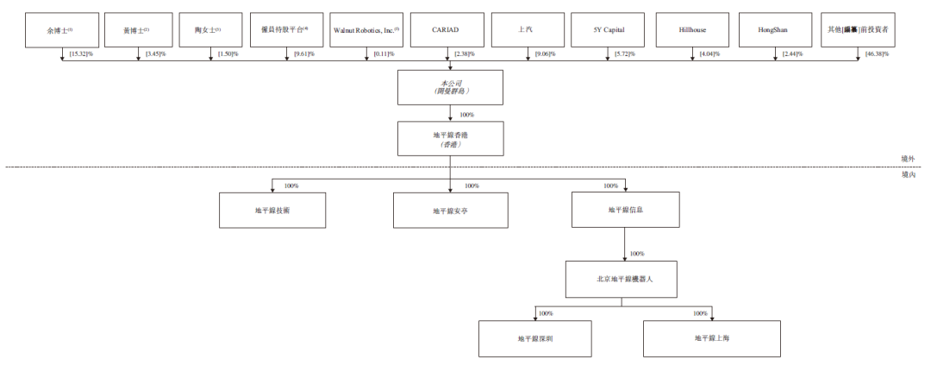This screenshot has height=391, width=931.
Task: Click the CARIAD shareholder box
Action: pyautogui.click(x=451, y=30)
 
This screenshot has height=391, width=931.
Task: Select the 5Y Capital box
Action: pyautogui.click(x=609, y=30)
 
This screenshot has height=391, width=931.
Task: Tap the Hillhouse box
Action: pyautogui.click(x=692, y=30)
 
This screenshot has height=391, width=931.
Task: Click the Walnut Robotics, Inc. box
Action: pyautogui.click(x=366, y=30)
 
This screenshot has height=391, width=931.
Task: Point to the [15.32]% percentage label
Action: pyautogui.click(x=80, y=54)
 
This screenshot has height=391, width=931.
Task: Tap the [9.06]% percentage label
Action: pyautogui.click(x=545, y=54)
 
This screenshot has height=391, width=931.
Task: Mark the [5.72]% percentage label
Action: pyautogui.click(x=625, y=54)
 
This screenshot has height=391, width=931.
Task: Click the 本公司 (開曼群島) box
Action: pyautogui.click(x=451, y=87)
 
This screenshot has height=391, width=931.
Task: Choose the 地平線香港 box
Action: pyautogui.click(x=451, y=138)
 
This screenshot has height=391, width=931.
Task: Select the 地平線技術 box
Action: pyautogui.click(x=272, y=210)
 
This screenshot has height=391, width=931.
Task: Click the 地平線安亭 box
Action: pyautogui.click(x=450, y=210)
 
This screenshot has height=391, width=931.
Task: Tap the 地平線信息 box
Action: pyautogui.click(x=625, y=210)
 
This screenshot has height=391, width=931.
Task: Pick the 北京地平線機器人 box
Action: pyautogui.click(x=624, y=279)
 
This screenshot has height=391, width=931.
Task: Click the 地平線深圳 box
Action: pyautogui.click(x=535, y=338)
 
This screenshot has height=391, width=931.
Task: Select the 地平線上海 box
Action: pyautogui.click(x=712, y=338)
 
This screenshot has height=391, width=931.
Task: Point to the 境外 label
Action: pyautogui.click(x=909, y=159)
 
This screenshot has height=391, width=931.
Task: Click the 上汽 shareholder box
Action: pyautogui.click(x=528, y=30)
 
